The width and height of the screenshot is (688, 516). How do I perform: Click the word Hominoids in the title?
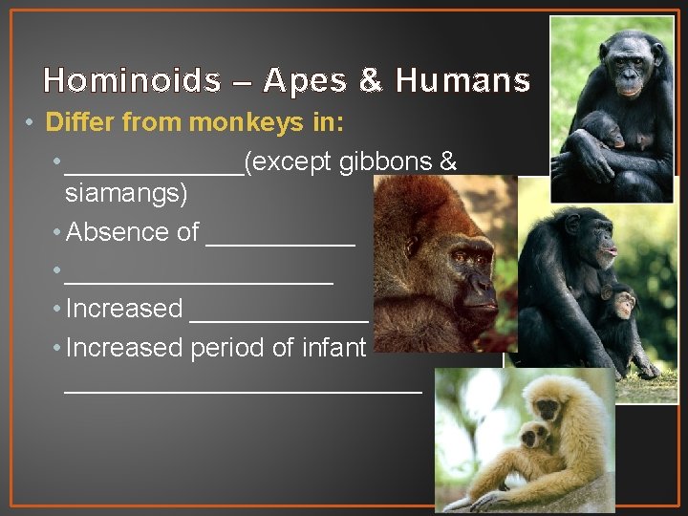point(131,81)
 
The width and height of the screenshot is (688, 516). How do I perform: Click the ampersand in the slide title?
point(370,81)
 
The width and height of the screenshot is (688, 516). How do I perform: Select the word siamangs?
point(126,194)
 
